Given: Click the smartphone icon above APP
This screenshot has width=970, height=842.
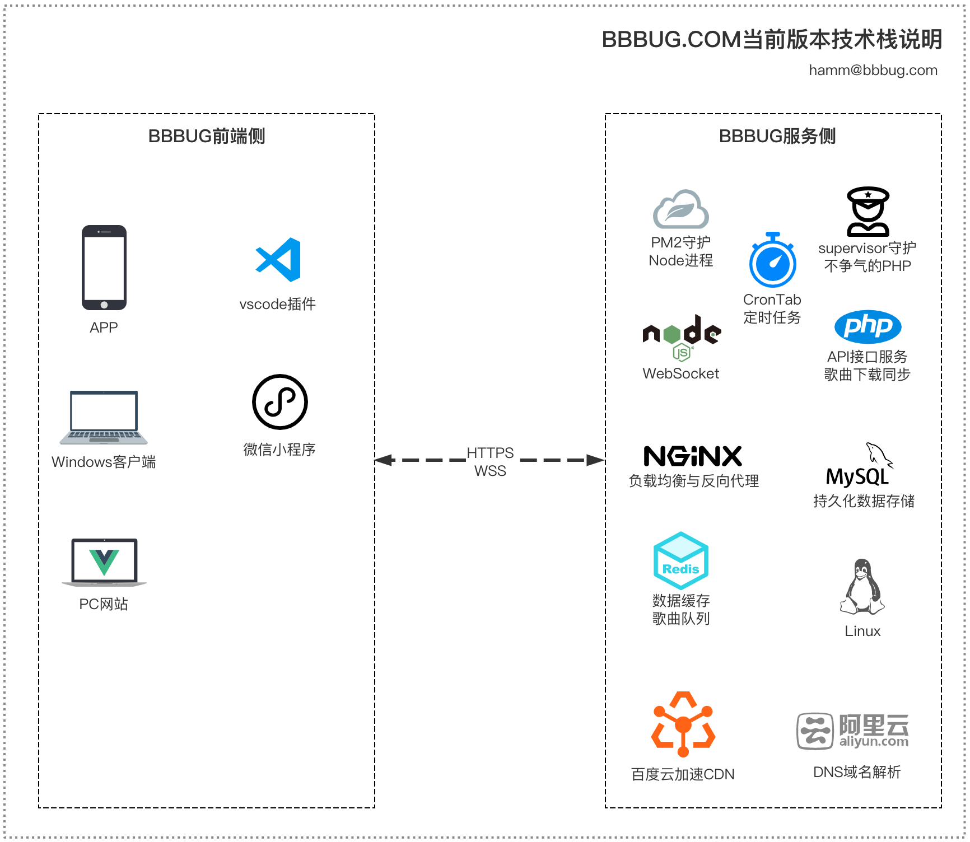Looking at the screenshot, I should (x=104, y=268).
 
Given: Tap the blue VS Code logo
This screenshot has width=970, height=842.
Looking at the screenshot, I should (x=278, y=260).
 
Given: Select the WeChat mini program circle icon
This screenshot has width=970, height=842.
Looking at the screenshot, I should (x=280, y=402).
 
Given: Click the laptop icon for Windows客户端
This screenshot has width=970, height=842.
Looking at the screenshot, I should (x=104, y=418).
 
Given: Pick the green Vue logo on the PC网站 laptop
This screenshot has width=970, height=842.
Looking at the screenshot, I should (x=104, y=562).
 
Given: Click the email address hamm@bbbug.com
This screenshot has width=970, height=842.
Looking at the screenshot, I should (x=873, y=71).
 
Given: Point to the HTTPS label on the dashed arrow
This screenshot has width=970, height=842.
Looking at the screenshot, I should (x=490, y=452).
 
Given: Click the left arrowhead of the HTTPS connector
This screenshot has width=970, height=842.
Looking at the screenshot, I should (x=383, y=460).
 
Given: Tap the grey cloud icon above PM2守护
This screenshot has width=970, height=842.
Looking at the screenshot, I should (x=681, y=209).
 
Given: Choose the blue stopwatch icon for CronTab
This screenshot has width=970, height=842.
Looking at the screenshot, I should (x=773, y=261).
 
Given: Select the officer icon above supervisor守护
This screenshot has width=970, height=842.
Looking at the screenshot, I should (x=868, y=212).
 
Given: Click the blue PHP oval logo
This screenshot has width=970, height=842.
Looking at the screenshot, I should (x=868, y=326).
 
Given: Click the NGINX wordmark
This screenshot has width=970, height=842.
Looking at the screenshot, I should (x=693, y=456).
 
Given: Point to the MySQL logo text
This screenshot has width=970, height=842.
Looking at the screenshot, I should (x=857, y=476).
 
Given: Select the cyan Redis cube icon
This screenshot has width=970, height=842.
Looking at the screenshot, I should (x=681, y=560).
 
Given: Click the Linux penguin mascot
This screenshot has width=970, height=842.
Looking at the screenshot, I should (x=862, y=587).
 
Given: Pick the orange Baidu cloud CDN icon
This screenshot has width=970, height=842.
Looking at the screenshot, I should (x=683, y=724).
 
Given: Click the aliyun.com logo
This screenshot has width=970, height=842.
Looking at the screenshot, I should (x=852, y=731).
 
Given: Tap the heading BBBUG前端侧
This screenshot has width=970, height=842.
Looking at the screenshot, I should (x=207, y=136).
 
